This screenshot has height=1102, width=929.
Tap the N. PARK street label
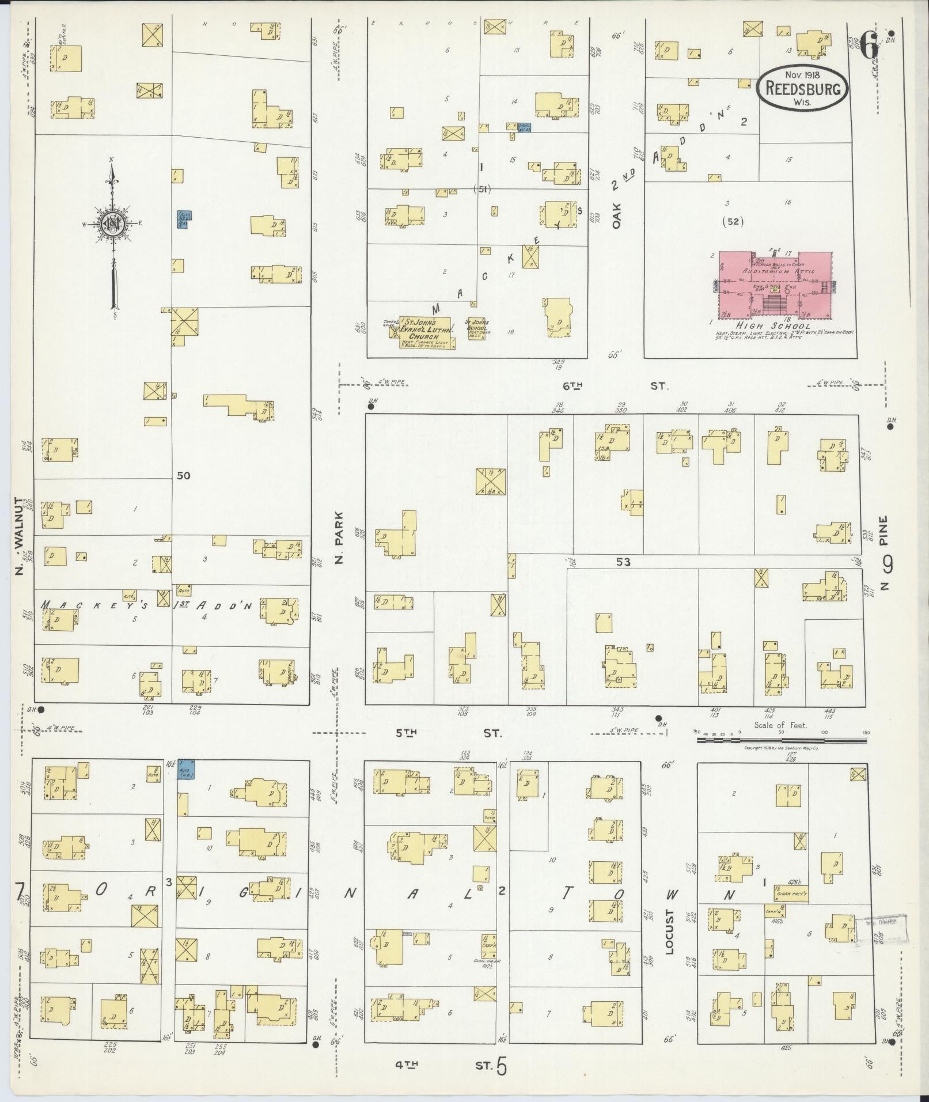click(x=339, y=537)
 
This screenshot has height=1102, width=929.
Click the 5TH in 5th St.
click(x=406, y=733)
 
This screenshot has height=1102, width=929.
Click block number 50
click(x=184, y=476)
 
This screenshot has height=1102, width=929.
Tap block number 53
click(x=623, y=562)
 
